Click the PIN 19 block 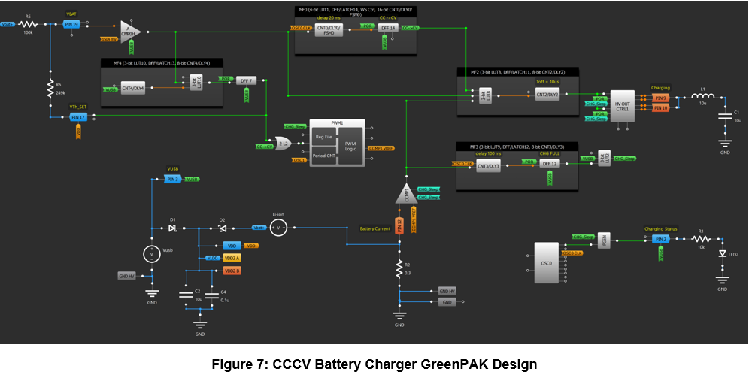pyautogui.click(x=71, y=25)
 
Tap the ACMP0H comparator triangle pyautogui.click(x=129, y=31)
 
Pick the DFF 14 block pyautogui.click(x=388, y=28)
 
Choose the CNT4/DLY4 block pyautogui.click(x=134, y=89)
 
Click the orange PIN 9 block pyautogui.click(x=660, y=98)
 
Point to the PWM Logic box pyautogui.click(x=350, y=144)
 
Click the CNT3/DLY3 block pyautogui.click(x=488, y=165)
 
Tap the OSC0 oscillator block pyautogui.click(x=546, y=263)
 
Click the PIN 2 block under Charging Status pyautogui.click(x=660, y=239)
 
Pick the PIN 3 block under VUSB pyautogui.click(x=172, y=180)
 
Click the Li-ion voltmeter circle pyautogui.click(x=278, y=227)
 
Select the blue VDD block pyautogui.click(x=231, y=246)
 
